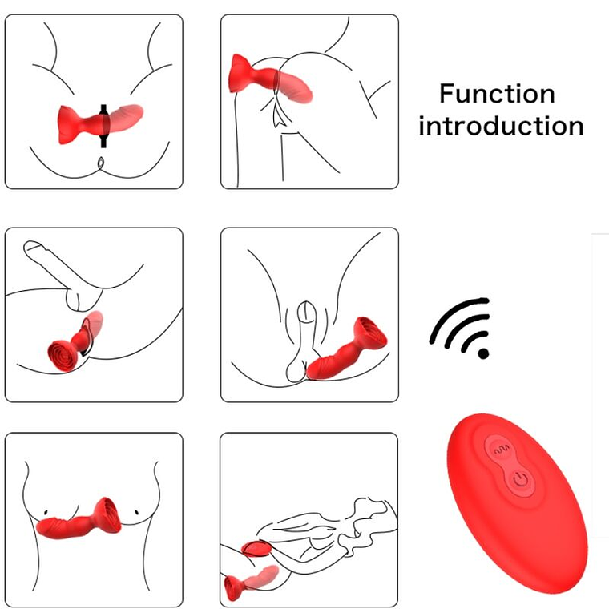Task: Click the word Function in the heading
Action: coord(497,94)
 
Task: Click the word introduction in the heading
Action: coord(501,126)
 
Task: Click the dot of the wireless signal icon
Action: coord(482,352)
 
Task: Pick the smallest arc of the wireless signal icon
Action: coord(474,340)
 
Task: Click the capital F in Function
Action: coord(446,94)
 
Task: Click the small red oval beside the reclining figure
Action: coord(257,551)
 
